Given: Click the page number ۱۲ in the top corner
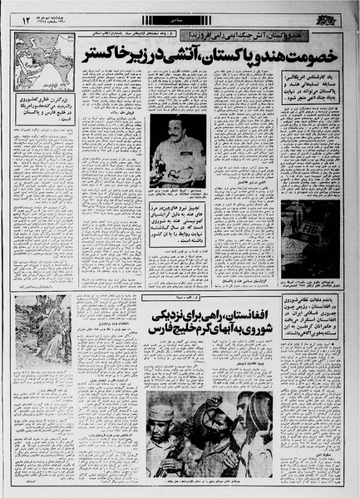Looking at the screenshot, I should [27, 17].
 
